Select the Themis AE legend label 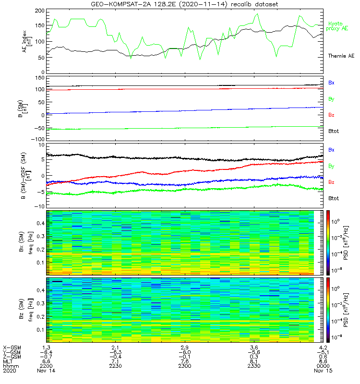[340, 56]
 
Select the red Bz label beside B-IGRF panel [331, 182]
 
